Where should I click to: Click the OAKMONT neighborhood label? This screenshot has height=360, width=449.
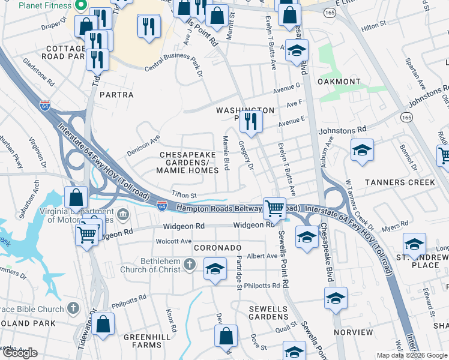coord(339,82)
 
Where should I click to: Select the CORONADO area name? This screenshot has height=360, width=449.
coord(217,248)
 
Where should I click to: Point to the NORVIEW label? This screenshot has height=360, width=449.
coord(353,332)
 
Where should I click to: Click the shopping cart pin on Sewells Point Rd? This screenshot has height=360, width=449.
coord(274,208)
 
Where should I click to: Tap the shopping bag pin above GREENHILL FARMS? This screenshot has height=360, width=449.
coord(103,323)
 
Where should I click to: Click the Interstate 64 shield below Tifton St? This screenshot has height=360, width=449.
coord(162,205)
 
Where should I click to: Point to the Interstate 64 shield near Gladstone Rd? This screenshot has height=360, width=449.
coord(45,106)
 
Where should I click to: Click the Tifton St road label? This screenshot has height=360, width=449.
coord(184,195)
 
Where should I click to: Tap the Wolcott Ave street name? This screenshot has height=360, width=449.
coord(173,241)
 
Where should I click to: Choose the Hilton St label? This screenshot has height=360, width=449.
coord(373,28)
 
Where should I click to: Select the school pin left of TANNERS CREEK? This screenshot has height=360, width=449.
coord(362,151)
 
